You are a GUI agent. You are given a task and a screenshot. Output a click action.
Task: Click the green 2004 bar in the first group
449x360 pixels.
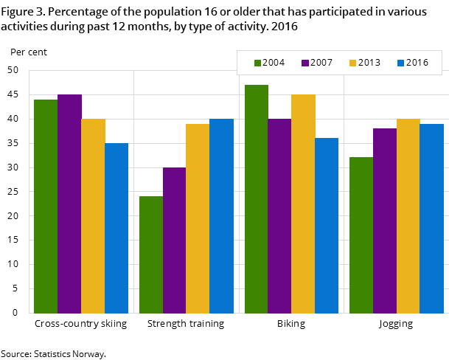point(46,207)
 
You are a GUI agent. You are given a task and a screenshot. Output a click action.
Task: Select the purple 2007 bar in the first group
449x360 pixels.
point(69,204)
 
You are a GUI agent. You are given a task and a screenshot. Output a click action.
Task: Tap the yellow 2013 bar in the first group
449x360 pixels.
point(93,216)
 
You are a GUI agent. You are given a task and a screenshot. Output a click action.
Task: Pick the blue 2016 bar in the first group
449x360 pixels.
point(116,228)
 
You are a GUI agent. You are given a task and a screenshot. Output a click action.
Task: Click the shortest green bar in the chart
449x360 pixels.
point(151,255)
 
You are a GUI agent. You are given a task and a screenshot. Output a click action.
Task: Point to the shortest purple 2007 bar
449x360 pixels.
point(174,240)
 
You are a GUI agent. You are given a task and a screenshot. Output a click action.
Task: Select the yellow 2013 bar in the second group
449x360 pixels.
point(198,218)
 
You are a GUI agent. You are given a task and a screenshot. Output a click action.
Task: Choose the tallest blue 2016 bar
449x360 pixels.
point(221,216)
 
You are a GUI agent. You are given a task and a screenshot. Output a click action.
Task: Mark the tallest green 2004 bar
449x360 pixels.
point(257,199)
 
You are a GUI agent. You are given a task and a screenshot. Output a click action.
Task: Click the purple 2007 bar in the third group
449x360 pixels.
point(279,216)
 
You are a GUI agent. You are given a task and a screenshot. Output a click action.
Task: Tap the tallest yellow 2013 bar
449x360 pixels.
point(303,204)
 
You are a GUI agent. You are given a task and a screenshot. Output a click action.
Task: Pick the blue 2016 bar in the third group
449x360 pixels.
point(327,226)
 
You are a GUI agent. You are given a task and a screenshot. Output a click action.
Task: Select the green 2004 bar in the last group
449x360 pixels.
point(361,235)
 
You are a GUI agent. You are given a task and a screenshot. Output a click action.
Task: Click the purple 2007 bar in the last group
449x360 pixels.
point(385,221)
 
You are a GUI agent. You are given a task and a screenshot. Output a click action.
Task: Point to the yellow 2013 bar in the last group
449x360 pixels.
point(408,216)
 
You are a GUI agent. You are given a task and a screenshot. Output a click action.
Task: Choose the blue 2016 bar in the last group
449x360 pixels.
point(431,218)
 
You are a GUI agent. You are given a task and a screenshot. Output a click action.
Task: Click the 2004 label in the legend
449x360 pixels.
point(274,63)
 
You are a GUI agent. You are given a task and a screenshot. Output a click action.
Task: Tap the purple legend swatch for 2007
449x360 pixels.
point(305,63)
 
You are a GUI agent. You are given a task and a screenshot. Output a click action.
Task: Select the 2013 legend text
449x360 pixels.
point(369,63)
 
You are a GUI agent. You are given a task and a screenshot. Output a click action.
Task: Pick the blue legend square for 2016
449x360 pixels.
point(400,63)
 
